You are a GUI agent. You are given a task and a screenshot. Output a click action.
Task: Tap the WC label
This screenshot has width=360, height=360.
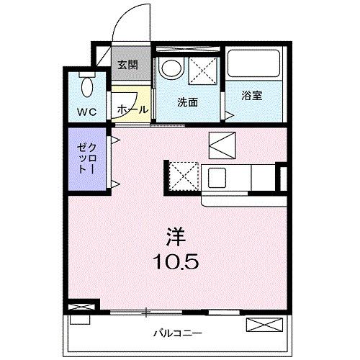click(x=86, y=114)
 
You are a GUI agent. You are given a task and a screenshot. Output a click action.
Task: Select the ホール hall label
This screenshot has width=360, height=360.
click(x=132, y=109)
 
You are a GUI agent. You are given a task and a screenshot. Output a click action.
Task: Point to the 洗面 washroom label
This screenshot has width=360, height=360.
click(x=188, y=103)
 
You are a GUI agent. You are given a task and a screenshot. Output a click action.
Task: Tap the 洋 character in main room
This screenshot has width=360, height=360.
click(x=178, y=237)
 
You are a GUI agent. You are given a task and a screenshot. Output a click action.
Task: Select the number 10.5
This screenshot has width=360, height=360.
click(x=178, y=259)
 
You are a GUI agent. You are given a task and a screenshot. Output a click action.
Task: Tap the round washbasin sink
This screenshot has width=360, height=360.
click(x=171, y=69)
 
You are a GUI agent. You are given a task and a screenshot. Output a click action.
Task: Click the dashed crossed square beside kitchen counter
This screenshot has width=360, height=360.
click(x=184, y=176)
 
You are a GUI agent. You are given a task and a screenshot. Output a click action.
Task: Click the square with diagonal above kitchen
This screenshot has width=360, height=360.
click(x=221, y=146)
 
